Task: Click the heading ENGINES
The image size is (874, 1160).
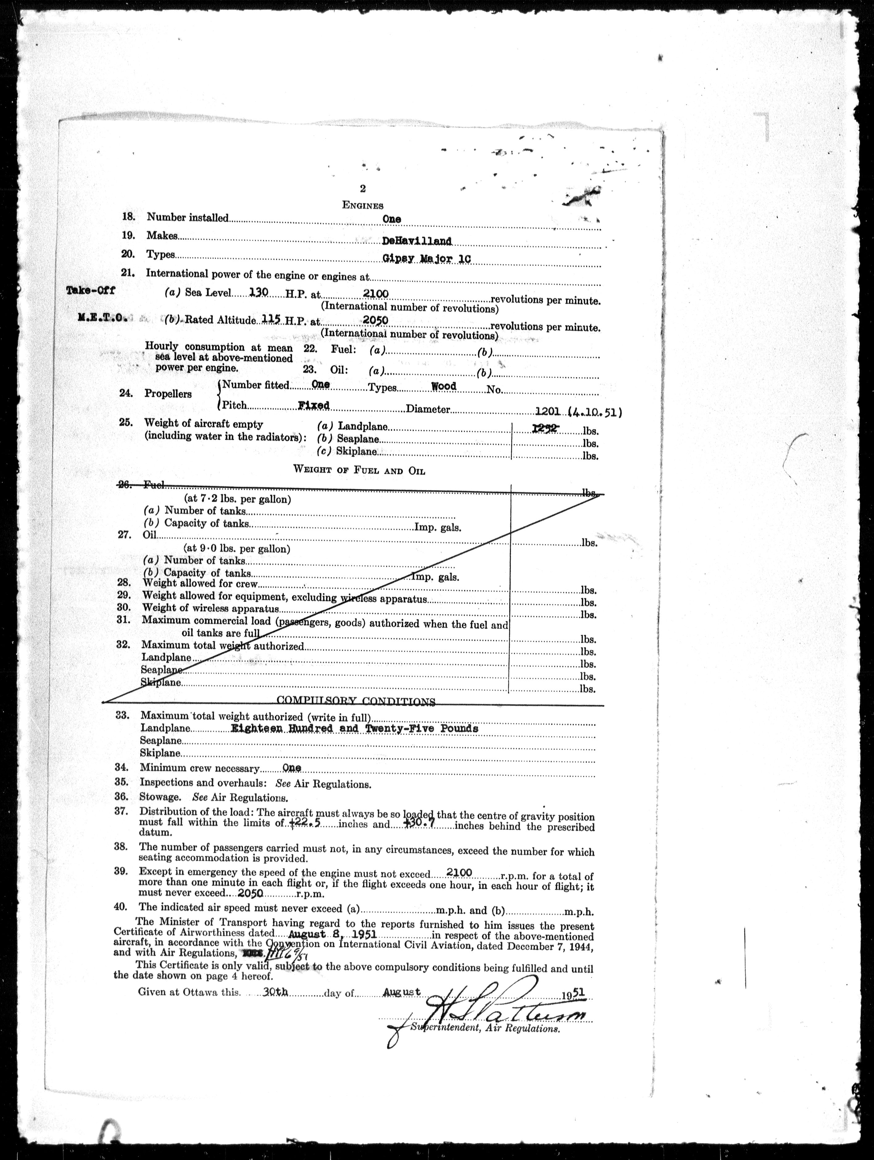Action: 363,205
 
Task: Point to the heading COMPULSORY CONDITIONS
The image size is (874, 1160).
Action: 356,701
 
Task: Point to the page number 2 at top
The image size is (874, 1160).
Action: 363,189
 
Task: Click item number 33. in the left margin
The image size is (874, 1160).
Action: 123,716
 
